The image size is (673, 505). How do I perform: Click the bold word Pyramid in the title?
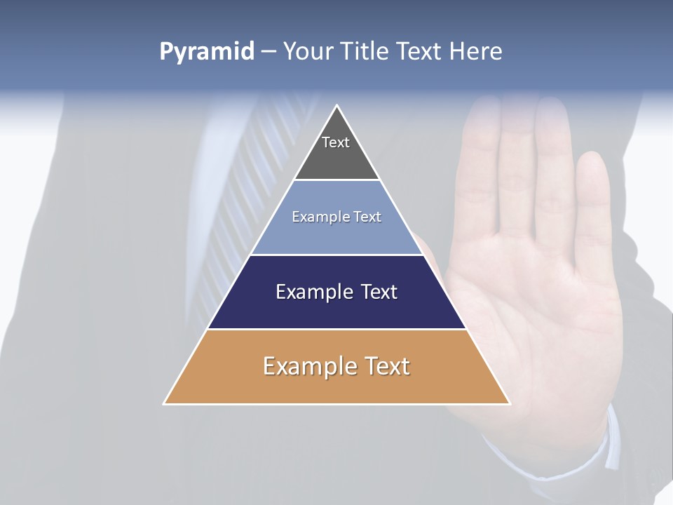206,52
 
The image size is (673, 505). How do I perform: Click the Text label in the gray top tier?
336,142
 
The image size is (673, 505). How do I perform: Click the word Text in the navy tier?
379,292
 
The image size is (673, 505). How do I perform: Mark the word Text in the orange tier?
386,366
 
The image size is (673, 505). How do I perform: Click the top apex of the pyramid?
337,107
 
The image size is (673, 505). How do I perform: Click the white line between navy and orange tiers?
336,329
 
